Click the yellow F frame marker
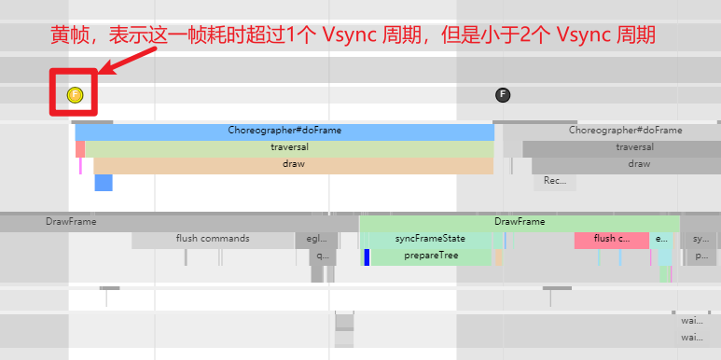pos(76,94)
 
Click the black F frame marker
pos(503,94)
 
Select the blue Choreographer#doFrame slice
pos(284,131)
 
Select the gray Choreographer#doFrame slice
pos(612,131)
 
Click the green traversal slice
pos(289,147)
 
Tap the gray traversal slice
pos(621,147)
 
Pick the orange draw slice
pos(293,164)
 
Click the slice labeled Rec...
pos(555,181)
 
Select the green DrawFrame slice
pos(520,222)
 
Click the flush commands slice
pos(213,239)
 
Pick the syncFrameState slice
pos(430,239)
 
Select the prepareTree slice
pos(430,256)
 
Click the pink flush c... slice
pos(611,239)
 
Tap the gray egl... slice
pos(316,239)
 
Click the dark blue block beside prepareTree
pos(367,256)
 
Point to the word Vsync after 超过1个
pos(345,35)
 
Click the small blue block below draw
pos(103,182)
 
